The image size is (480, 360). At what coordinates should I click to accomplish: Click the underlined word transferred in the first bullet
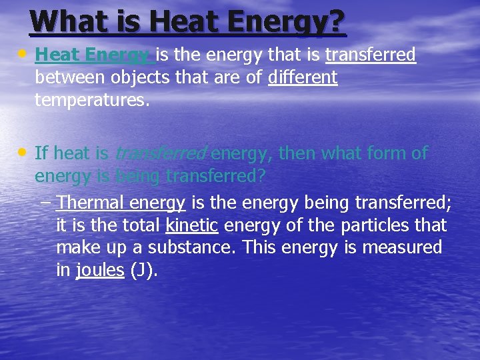pyautogui.click(x=371, y=54)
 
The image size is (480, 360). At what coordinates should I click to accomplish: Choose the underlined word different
pyautogui.click(x=303, y=77)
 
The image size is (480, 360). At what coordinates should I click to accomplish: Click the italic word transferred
pyautogui.click(x=161, y=153)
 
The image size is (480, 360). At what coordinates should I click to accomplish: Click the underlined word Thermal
pyautogui.click(x=91, y=202)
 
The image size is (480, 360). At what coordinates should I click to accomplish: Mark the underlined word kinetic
pyautogui.click(x=191, y=225)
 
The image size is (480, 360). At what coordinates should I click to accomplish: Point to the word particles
pyautogui.click(x=373, y=225)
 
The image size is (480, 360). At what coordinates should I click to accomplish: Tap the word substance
pyautogui.click(x=200, y=248)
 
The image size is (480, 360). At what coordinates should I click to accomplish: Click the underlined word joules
pyautogui.click(x=100, y=271)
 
